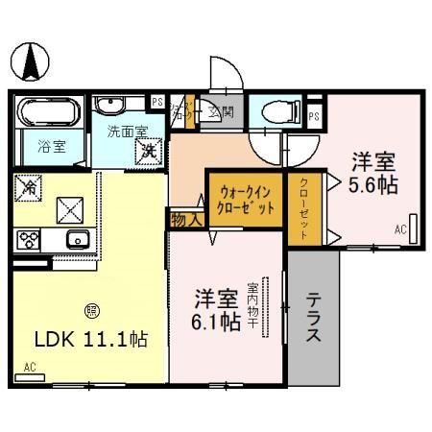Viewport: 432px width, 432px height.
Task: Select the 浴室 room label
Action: [51, 149]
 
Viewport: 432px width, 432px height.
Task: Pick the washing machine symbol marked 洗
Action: [149, 150]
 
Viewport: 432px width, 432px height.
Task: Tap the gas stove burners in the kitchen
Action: [26, 239]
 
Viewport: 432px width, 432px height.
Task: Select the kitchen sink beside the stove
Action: [75, 239]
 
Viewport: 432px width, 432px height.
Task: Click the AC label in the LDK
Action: [29, 367]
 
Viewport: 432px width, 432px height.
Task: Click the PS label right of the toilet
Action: [315, 115]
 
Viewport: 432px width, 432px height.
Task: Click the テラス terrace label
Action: [314, 320]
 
